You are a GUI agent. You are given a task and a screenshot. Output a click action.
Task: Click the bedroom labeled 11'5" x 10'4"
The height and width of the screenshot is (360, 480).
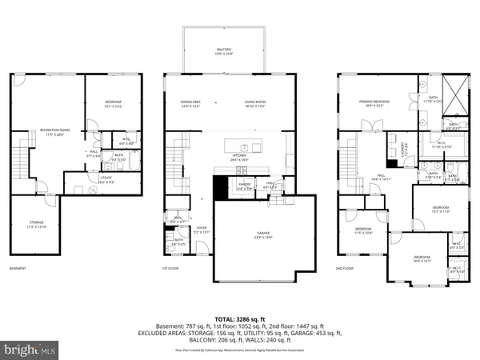pos(363,230)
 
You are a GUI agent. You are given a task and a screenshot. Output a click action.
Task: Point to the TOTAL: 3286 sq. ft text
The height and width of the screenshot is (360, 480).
pos(239,318)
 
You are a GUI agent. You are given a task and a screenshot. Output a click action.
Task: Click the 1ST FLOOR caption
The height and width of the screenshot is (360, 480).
pos(174,269)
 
